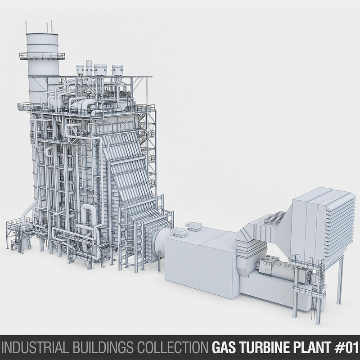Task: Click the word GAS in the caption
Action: click(x=223, y=348)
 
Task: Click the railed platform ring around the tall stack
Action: click(x=42, y=56)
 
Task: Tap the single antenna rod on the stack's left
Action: click(x=26, y=27)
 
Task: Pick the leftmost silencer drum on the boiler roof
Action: click(x=81, y=70)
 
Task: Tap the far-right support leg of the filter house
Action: click(x=340, y=279)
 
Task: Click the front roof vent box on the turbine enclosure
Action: click(x=178, y=232)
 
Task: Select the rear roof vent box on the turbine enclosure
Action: click(x=193, y=225)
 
